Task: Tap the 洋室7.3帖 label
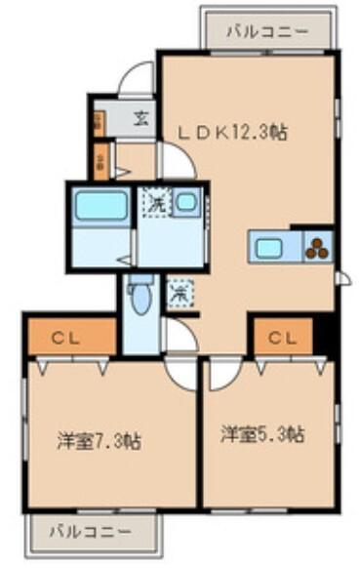[98, 441]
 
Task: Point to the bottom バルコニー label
[92, 533]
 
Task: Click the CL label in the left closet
[64, 339]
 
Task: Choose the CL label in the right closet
[283, 339]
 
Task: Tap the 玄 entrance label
[141, 120]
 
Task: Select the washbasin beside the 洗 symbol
[188, 204]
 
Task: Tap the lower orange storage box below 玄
[101, 160]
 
